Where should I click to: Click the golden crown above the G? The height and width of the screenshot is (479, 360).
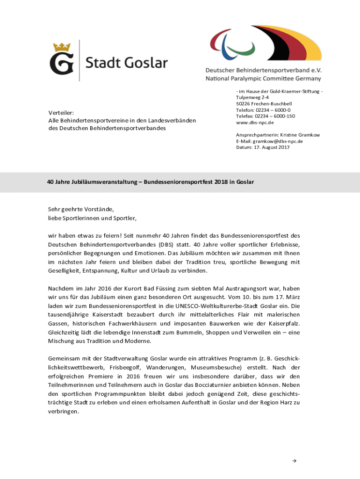coord(62,47)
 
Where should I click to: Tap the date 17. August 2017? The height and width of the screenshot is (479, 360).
coord(273,147)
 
